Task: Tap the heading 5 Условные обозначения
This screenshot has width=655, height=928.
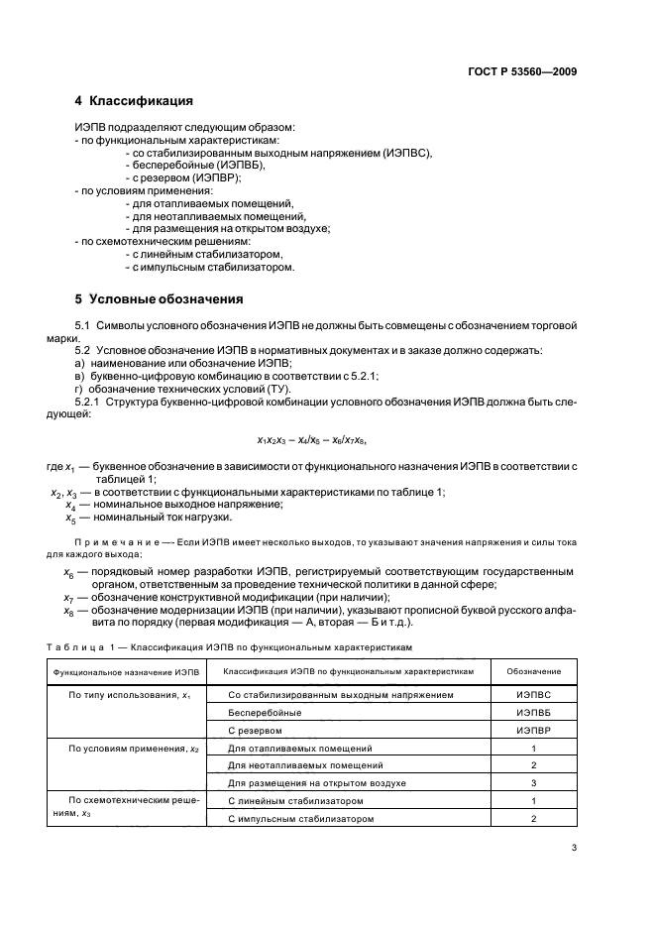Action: pyautogui.click(x=160, y=298)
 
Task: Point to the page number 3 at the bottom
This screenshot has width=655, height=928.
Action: pyautogui.click(x=574, y=847)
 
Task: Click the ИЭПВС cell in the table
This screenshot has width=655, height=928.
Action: pyautogui.click(x=533, y=696)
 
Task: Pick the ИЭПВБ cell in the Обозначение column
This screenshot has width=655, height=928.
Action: pyautogui.click(x=533, y=713)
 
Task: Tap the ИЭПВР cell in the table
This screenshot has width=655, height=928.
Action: pyautogui.click(x=533, y=730)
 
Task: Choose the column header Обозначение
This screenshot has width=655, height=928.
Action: pyautogui.click(x=533, y=671)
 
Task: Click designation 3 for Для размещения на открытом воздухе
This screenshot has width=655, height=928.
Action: pyautogui.click(x=533, y=782)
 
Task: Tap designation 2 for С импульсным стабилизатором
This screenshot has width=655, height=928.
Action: pyautogui.click(x=533, y=818)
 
